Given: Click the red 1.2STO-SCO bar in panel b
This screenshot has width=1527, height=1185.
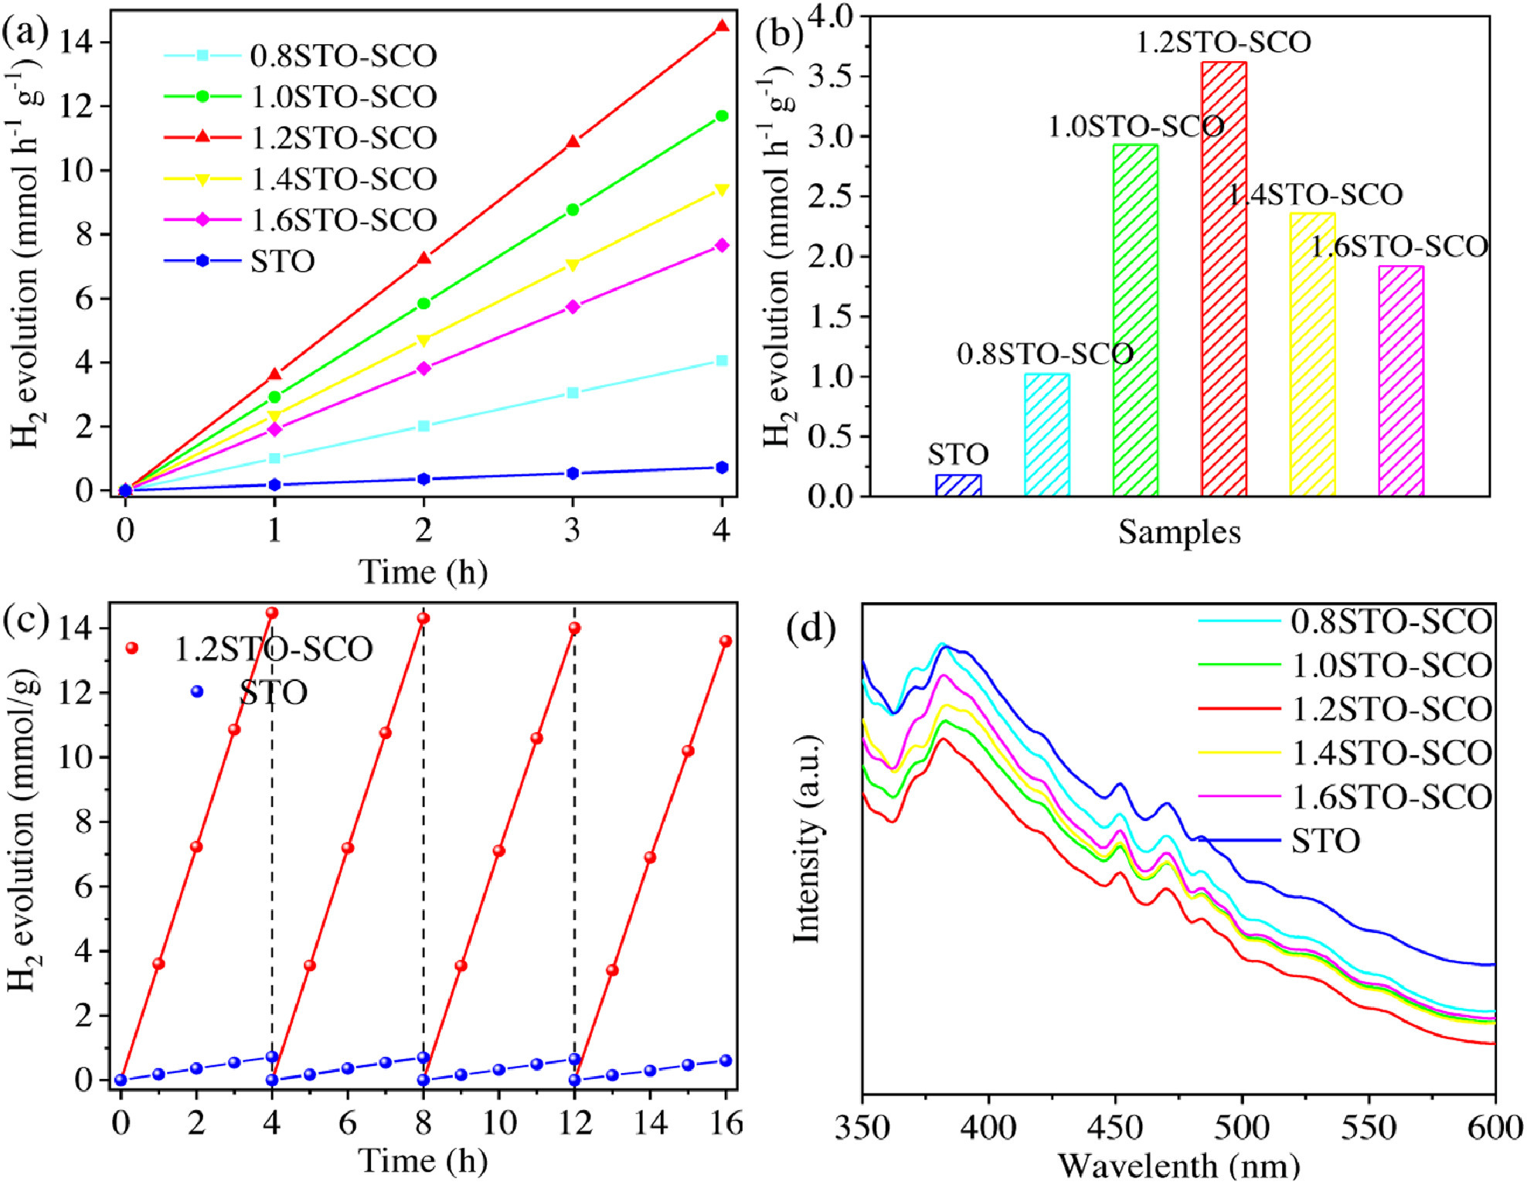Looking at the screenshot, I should click(x=1223, y=278).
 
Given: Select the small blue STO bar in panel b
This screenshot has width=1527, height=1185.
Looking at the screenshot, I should click(x=958, y=485).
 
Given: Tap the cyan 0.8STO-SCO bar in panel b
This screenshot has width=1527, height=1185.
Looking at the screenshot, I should click(x=1046, y=434).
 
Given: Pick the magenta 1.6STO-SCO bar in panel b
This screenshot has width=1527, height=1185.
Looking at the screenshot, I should click(x=1400, y=380).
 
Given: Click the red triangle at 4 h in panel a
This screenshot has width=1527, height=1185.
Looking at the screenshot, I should click(x=722, y=26).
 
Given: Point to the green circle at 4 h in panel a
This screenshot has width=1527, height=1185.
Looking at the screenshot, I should click(x=722, y=116).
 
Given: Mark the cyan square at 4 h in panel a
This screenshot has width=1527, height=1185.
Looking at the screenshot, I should click(x=722, y=360).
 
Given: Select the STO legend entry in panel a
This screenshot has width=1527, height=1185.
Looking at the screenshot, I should click(x=240, y=261).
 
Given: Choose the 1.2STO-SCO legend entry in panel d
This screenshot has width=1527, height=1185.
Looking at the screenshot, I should click(x=1345, y=709).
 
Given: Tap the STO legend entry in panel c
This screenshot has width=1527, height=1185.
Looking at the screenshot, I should click(x=251, y=692).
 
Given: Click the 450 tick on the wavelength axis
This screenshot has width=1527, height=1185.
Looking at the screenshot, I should click(x=1116, y=1128).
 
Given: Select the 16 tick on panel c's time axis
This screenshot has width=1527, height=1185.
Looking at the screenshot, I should click(x=726, y=1122).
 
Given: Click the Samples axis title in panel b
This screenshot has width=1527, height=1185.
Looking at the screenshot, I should click(x=1179, y=533).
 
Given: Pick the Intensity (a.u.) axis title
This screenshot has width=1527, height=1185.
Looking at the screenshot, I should click(x=807, y=839).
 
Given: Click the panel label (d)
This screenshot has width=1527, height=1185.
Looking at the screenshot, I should click(x=810, y=628).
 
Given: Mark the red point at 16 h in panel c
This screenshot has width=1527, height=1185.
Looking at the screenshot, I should click(x=726, y=641).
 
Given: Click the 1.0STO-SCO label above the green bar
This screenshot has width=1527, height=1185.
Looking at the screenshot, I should click(x=1136, y=126).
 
